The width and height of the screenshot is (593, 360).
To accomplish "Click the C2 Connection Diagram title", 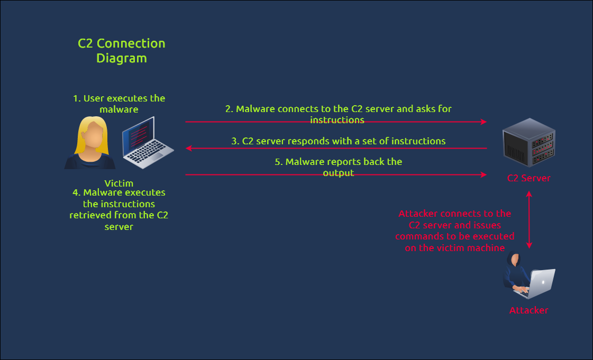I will click(121, 50).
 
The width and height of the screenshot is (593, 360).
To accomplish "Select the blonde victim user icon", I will click(89, 143).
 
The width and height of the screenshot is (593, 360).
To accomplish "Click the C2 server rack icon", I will click(528, 142).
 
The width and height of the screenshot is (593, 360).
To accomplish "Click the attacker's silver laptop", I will click(541, 283).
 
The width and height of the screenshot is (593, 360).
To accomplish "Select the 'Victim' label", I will click(119, 183).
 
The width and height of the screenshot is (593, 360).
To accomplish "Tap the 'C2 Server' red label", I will click(528, 178).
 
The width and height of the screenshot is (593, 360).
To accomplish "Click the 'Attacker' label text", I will click(528, 310).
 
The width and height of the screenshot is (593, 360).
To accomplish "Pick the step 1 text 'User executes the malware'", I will click(119, 104).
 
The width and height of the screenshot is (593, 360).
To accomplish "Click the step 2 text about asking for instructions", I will click(338, 114).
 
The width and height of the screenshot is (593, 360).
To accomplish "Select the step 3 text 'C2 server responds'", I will click(338, 141).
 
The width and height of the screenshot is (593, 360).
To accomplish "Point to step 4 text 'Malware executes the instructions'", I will click(119, 209).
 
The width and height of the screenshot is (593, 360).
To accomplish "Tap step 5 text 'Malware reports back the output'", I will click(338, 167).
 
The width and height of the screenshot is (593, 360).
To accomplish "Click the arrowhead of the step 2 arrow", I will click(483, 122).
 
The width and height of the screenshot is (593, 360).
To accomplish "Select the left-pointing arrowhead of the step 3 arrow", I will click(189, 149).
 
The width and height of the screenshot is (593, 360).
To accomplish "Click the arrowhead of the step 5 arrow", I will click(483, 174).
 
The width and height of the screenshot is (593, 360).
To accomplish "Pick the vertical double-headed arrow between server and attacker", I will click(528, 219).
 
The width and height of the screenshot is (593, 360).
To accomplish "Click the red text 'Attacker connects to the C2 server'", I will click(454, 231).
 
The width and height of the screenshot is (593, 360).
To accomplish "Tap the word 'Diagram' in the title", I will click(121, 58).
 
